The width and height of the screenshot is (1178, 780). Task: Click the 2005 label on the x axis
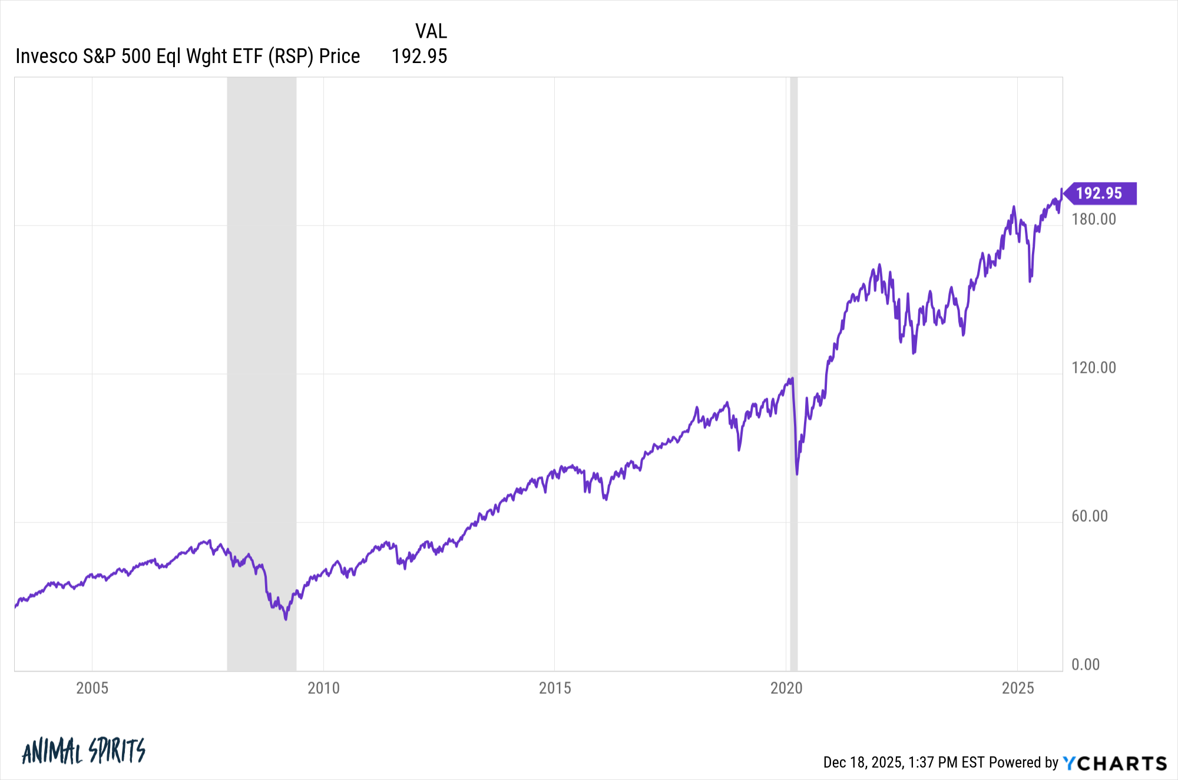[x=92, y=688]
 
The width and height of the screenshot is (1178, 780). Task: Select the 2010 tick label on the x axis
[x=323, y=688]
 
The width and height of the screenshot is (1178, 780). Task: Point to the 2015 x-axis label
[x=555, y=688]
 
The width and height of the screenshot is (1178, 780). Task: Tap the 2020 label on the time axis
[x=786, y=688]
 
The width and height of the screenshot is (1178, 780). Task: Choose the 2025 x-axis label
[x=1018, y=688]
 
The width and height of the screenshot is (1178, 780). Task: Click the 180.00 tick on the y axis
[x=1094, y=219]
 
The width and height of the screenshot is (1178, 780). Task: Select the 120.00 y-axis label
[x=1094, y=368]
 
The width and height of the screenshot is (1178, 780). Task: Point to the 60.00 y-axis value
[x=1090, y=516]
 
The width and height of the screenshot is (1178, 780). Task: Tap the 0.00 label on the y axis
[x=1086, y=665]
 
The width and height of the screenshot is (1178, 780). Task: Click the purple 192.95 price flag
[x=1099, y=193]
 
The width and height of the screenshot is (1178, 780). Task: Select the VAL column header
[x=431, y=31]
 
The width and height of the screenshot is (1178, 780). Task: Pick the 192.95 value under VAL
[x=419, y=57]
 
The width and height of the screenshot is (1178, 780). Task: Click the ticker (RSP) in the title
[x=291, y=57]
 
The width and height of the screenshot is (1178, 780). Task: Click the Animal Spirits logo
[x=84, y=751]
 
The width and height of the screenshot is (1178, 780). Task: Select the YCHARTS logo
[x=1115, y=764]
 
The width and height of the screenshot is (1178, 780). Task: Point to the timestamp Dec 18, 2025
[x=863, y=762]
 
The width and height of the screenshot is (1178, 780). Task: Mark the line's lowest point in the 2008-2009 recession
[x=286, y=619]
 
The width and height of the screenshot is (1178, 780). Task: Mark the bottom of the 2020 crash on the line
[x=797, y=474]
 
